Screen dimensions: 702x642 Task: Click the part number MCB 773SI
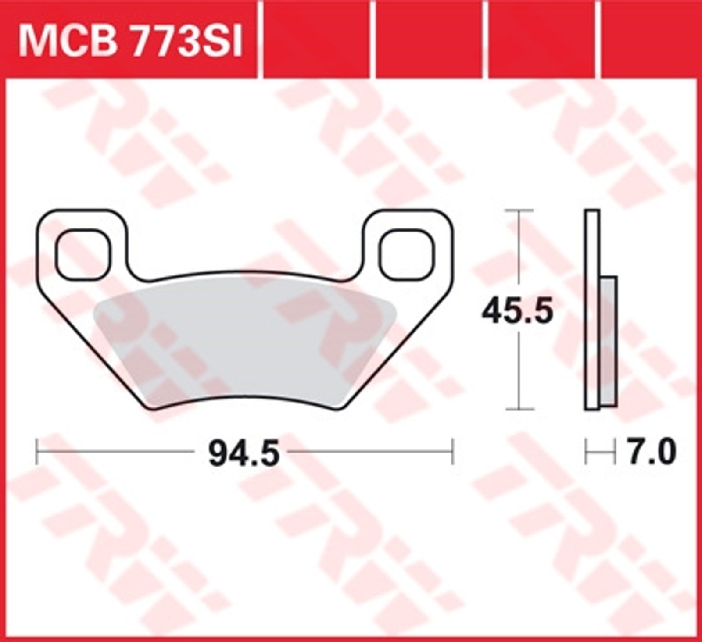click(130, 41)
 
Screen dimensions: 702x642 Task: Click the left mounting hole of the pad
click(84, 255)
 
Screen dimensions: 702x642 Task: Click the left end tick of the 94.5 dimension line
click(36, 451)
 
